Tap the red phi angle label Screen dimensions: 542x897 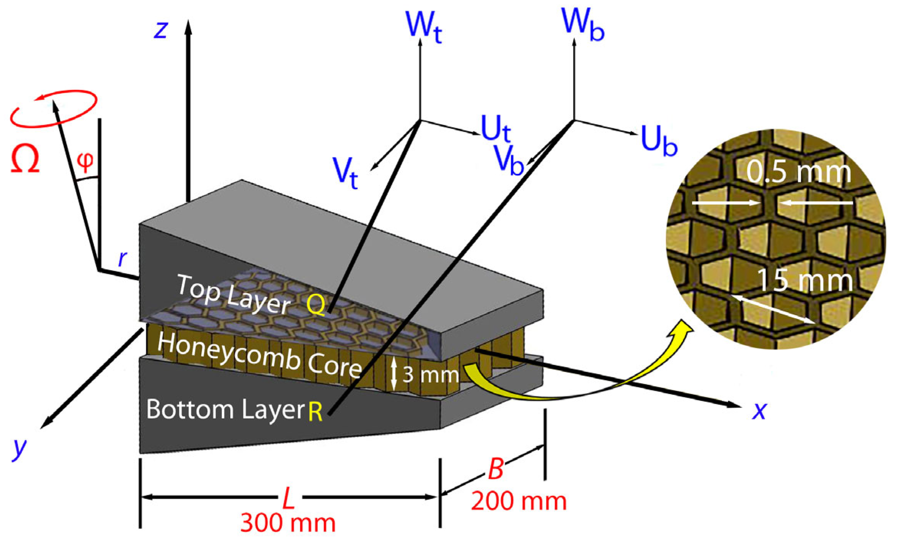click(x=85, y=161)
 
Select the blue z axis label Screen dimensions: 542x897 click(x=161, y=30)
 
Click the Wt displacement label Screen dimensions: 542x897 click(x=424, y=26)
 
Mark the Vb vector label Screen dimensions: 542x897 click(x=508, y=159)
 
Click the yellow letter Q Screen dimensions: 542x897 click(x=316, y=305)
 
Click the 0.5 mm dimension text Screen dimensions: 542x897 click(x=799, y=172)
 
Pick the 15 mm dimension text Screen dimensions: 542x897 click(x=805, y=281)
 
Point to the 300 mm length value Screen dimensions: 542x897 click(x=288, y=523)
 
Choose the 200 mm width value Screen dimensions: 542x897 click(x=518, y=501)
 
